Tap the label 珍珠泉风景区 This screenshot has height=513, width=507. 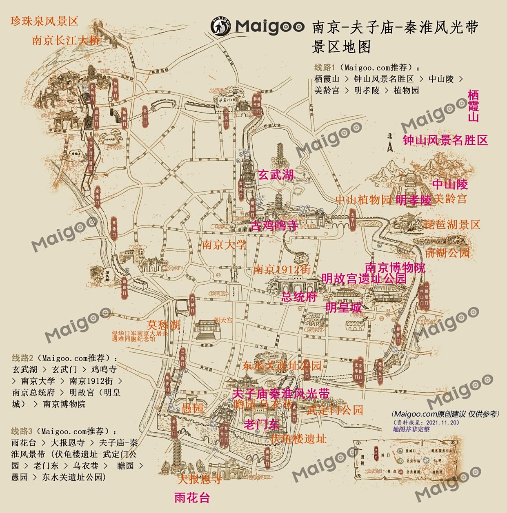click(x=44, y=21)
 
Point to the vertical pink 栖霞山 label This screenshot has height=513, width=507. click(x=473, y=106)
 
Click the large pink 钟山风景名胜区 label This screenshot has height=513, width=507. click(x=445, y=140)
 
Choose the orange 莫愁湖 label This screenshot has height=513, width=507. click(x=163, y=325)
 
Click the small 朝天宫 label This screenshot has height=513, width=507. click(x=223, y=320)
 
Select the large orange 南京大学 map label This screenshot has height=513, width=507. click(x=224, y=245)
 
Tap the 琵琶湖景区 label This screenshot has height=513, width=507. click(x=452, y=225)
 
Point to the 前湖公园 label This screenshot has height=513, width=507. click(x=447, y=253)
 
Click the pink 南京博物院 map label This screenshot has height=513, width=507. click(x=395, y=268)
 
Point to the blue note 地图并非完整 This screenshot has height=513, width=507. click(x=411, y=429)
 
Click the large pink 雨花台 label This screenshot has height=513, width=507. click(x=191, y=498)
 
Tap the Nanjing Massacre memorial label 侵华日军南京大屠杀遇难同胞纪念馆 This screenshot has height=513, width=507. click(x=140, y=336)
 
